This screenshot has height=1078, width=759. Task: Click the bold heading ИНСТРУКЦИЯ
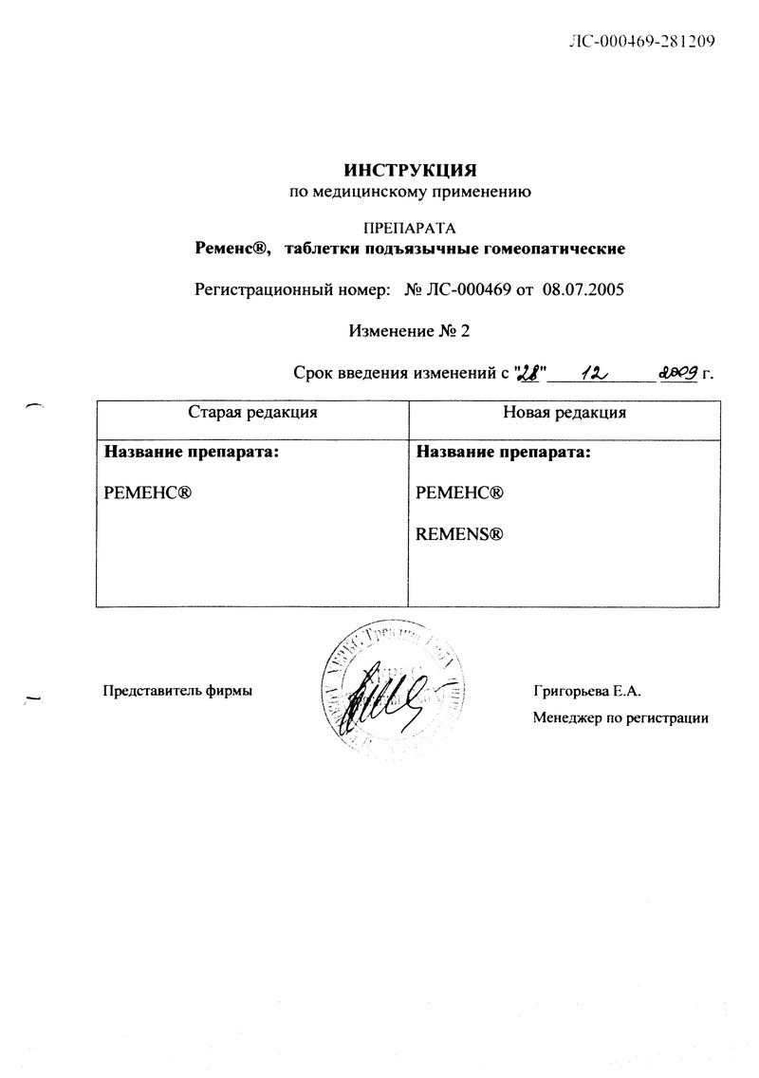[409, 171]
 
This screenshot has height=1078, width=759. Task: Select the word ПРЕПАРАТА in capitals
[410, 228]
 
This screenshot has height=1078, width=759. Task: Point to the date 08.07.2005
[582, 289]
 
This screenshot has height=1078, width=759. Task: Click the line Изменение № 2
[409, 330]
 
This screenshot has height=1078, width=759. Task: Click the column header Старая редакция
[252, 413]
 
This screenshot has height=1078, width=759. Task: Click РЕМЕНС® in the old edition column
[149, 493]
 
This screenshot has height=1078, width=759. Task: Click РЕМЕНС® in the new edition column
[459, 493]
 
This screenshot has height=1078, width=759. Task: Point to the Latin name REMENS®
[459, 535]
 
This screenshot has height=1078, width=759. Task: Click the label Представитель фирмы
[177, 691]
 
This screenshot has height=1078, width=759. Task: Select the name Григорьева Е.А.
[588, 691]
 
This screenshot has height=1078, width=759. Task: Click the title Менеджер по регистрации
[620, 718]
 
